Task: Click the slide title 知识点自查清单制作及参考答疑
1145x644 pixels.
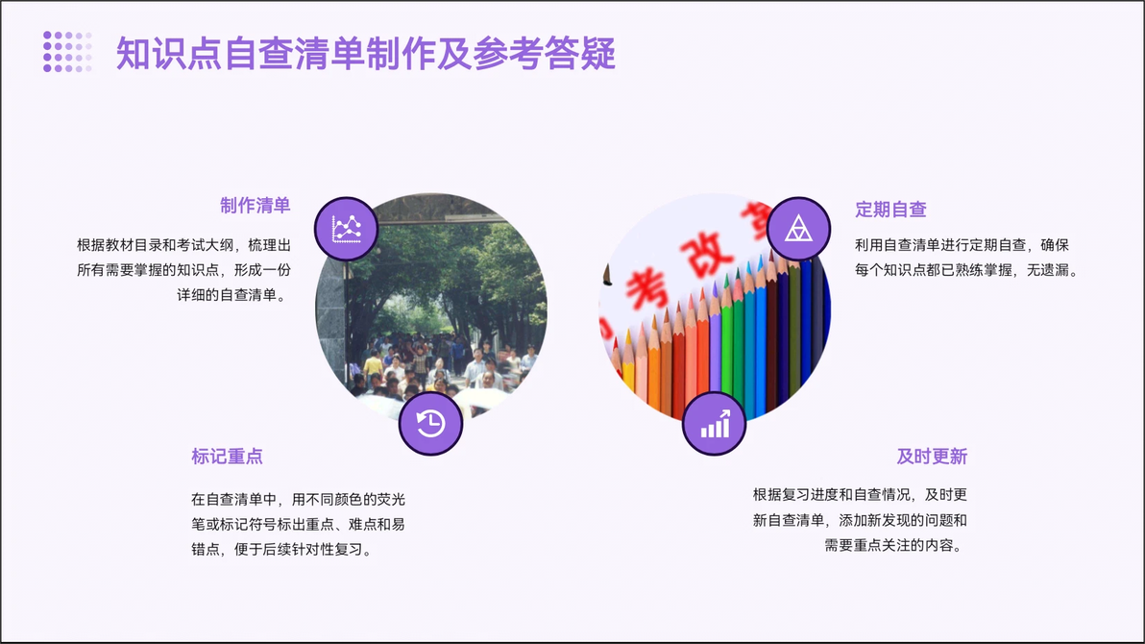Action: coord(366,54)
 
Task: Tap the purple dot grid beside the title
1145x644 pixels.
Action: coord(67,52)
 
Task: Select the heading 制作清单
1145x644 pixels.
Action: coord(256,206)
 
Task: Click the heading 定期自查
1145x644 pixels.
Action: coord(890,210)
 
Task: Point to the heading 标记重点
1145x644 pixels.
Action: coord(227,457)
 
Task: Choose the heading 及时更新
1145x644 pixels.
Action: coord(932,457)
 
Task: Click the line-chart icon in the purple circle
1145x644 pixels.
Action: coord(346,229)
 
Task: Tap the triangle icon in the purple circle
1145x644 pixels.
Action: coord(798,229)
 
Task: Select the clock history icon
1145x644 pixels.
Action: coord(431,423)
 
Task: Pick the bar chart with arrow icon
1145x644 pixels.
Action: coord(714,423)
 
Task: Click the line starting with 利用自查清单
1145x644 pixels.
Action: coord(962,245)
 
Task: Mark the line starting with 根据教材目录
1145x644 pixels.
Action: coord(184,245)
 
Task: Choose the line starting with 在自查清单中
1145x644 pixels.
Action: coord(298,499)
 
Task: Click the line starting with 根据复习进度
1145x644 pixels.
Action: coord(861,495)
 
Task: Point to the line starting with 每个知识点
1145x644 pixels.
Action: coord(967,270)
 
